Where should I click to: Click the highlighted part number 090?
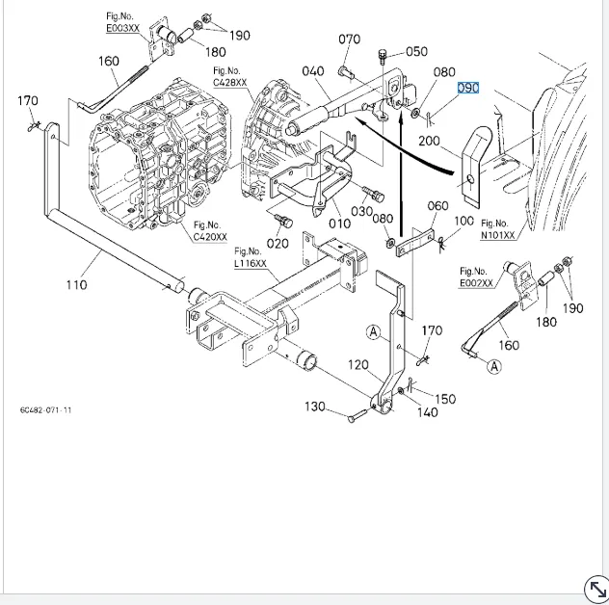click(x=468, y=88)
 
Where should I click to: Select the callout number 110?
click(x=76, y=285)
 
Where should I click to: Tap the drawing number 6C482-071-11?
click(x=46, y=410)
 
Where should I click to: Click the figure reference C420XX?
click(x=210, y=236)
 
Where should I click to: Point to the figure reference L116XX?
click(x=251, y=263)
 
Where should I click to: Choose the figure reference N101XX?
click(x=497, y=235)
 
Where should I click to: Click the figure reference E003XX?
click(x=122, y=28)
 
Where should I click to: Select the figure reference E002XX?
click(x=476, y=282)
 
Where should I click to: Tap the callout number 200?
click(x=429, y=141)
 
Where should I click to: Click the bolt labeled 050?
click(x=383, y=57)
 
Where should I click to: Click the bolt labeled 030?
click(x=373, y=193)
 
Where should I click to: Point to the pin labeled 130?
click(x=357, y=416)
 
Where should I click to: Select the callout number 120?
click(x=358, y=365)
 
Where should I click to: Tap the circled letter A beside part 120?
click(x=373, y=332)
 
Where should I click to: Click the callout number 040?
click(x=313, y=71)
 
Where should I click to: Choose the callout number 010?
click(x=339, y=224)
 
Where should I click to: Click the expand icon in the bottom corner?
click(x=596, y=589)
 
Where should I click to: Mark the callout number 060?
click(x=438, y=206)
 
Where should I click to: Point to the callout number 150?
click(x=445, y=399)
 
